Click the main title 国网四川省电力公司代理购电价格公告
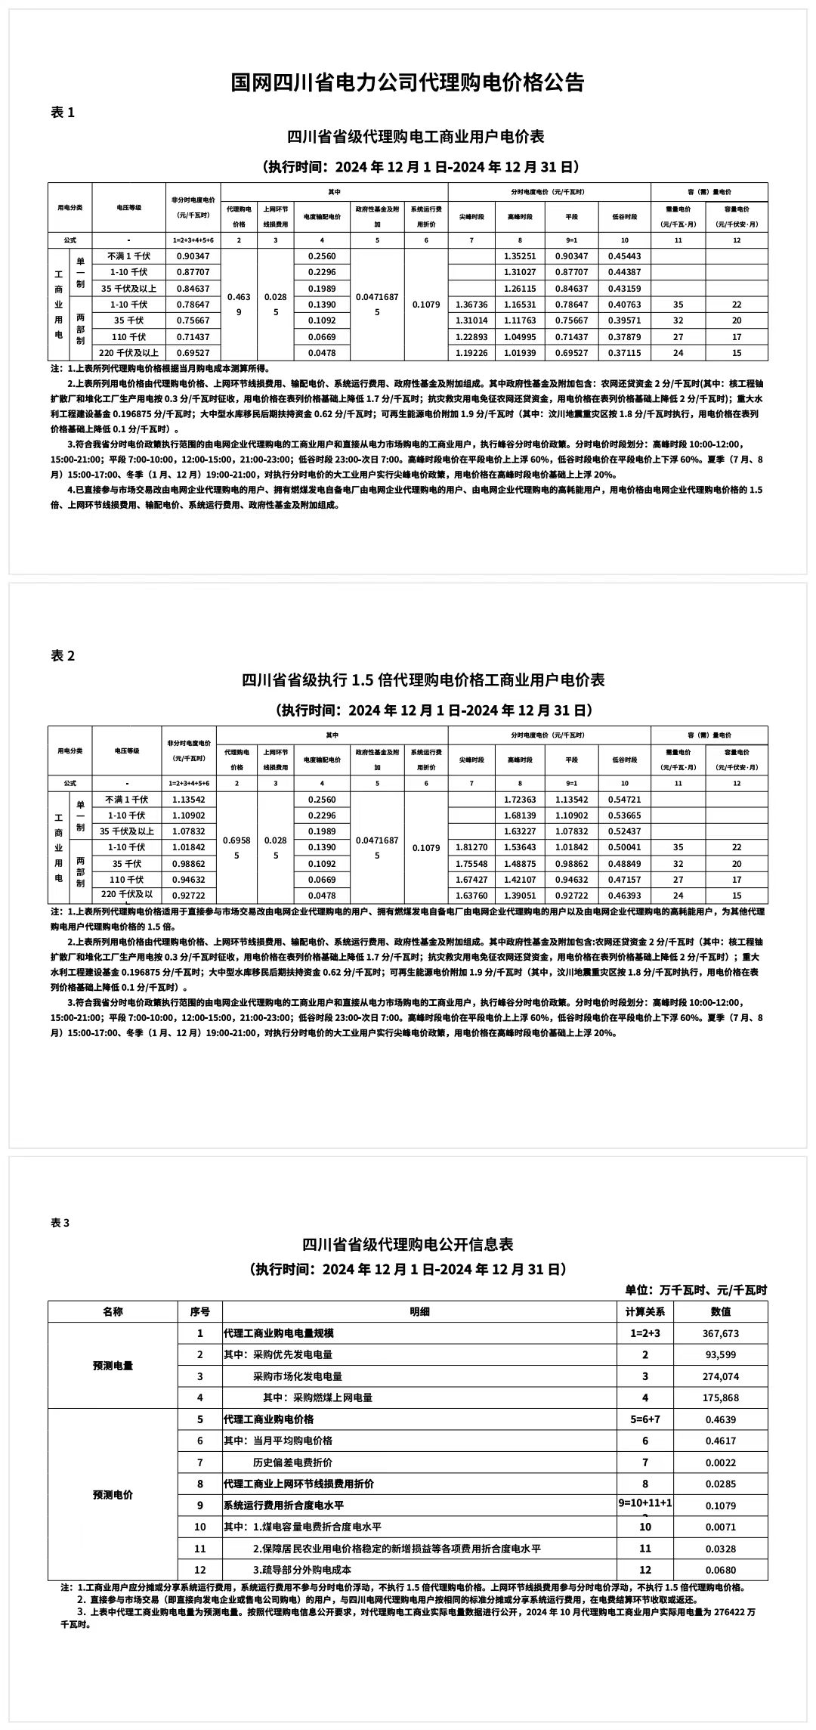407,82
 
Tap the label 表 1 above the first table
63,113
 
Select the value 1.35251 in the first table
520,256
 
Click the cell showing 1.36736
471,305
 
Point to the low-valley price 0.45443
624,256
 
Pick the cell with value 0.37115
624,353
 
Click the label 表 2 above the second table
63,656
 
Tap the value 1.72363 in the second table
520,800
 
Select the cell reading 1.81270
471,847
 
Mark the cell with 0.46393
624,896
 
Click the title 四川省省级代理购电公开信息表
407,1244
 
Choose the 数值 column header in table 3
720,1311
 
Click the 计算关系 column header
644,1311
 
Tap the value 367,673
720,1333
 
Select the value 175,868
720,1397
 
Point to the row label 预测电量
113,1366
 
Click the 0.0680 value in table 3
720,1570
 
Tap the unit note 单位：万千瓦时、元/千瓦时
695,1290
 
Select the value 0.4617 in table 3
720,1441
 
